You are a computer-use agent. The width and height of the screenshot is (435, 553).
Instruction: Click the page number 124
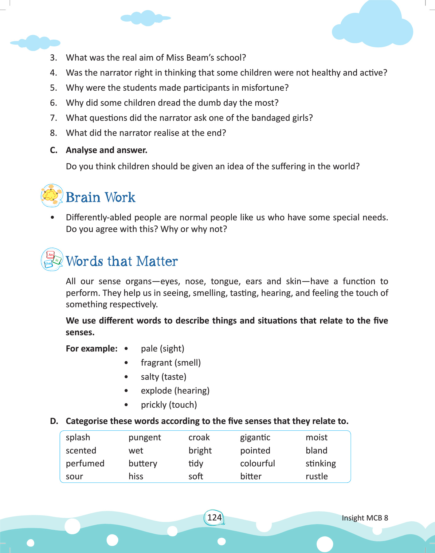214,518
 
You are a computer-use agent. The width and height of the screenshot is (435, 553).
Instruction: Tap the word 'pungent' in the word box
145,437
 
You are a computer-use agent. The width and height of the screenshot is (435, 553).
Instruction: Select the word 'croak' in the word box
199,437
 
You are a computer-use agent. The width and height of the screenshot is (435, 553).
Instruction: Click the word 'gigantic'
255,437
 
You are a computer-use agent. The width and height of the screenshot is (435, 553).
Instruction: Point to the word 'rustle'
316,477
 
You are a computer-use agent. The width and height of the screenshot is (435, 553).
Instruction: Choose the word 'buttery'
143,464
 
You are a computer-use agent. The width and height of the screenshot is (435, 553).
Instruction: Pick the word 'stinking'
321,464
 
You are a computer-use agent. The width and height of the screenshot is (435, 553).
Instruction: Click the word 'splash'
78,437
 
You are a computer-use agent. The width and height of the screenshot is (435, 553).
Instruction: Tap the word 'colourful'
257,464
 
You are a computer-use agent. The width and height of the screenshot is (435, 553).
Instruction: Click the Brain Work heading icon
52,195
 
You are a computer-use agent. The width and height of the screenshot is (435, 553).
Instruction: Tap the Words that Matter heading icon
52,260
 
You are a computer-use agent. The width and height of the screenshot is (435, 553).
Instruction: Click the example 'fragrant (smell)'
171,363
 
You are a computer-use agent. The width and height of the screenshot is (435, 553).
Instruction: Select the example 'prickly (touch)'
169,405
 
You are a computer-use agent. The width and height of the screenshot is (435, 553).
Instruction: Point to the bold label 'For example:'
92,349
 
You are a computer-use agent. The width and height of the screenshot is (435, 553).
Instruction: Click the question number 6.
53,103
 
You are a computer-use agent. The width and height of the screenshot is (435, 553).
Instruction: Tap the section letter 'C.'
54,150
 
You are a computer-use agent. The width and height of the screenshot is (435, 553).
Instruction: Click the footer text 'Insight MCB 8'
365,518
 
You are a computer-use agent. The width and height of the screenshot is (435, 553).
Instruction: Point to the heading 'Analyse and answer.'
107,150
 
